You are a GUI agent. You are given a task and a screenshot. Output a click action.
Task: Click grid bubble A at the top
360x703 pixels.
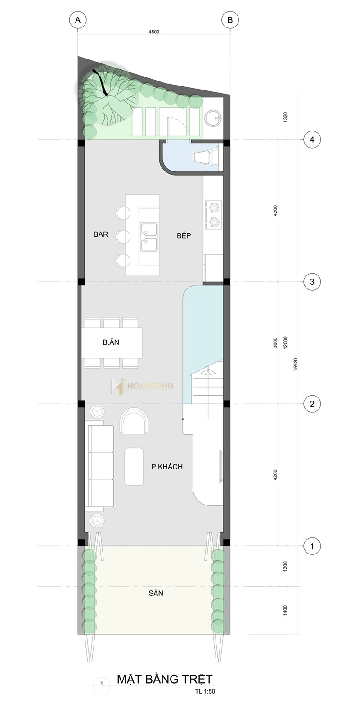click(78, 20)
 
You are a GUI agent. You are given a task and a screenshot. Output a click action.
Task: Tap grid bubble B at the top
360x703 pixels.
click(230, 20)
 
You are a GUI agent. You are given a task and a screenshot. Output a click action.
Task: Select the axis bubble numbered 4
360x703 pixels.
click(312, 140)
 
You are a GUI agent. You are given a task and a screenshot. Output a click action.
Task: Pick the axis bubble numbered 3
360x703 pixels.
click(312, 282)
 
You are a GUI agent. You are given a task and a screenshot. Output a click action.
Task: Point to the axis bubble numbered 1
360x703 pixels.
click(312, 546)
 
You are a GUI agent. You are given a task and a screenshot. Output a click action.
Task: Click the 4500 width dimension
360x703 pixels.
click(154, 32)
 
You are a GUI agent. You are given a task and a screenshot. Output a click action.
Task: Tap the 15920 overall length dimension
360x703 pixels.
click(296, 364)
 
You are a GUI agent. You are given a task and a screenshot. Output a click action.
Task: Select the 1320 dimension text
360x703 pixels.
click(285, 117)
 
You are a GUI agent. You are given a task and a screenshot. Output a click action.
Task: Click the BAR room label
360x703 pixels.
click(101, 234)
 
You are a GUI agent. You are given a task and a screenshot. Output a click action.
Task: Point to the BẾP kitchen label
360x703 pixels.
click(184, 235)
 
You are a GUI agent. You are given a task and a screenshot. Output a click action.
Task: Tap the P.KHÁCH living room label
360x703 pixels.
click(167, 467)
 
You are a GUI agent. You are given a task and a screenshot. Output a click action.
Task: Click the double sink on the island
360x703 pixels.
click(149, 237)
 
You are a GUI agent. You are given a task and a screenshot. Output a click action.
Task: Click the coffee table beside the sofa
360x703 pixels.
click(134, 466)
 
